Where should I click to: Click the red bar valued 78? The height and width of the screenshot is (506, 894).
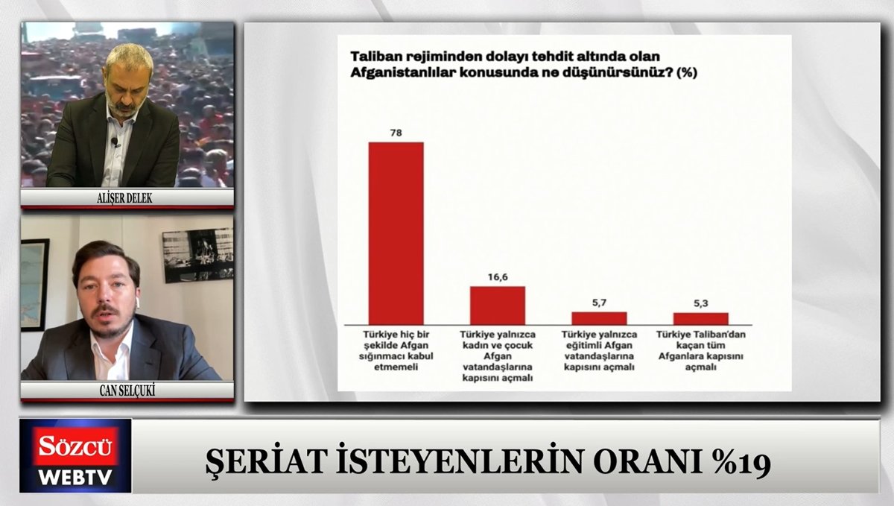click(396, 234)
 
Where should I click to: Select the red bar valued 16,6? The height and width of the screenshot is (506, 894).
click(498, 306)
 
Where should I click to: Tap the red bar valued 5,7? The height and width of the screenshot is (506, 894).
click(599, 318)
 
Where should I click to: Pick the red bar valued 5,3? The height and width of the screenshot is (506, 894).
click(701, 319)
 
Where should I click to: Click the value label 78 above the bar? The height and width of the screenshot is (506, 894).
click(396, 133)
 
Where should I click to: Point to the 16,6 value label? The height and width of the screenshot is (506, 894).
click(498, 277)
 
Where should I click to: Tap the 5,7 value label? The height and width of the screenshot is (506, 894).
click(599, 303)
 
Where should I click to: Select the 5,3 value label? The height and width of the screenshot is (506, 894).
click(701, 303)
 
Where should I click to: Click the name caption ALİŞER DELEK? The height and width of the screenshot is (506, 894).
click(124, 198)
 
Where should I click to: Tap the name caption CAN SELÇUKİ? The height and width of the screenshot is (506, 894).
click(127, 390)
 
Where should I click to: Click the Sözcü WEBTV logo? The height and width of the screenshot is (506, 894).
click(75, 455)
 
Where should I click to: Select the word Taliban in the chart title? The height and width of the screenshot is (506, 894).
click(376, 57)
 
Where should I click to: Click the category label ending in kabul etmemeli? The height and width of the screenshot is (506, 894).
click(396, 351)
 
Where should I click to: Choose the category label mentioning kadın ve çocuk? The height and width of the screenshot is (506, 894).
click(498, 355)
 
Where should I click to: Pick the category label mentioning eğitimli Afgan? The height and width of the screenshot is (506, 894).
click(599, 351)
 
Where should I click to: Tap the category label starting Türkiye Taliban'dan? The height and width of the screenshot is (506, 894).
click(701, 351)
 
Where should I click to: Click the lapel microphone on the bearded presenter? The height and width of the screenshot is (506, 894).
click(115, 142)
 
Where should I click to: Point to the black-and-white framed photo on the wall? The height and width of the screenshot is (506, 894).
click(198, 255)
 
